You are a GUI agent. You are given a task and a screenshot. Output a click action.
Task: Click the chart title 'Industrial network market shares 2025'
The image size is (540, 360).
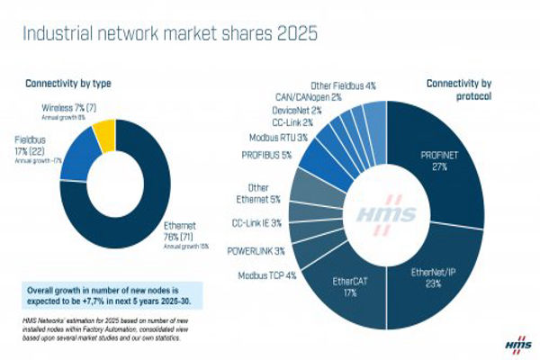169,36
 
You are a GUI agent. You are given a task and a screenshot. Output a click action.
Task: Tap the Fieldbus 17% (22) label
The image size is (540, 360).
43,146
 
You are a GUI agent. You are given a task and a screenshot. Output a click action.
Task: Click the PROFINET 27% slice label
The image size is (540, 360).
438,161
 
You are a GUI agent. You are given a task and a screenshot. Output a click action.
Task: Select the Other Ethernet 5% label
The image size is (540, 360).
264,193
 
